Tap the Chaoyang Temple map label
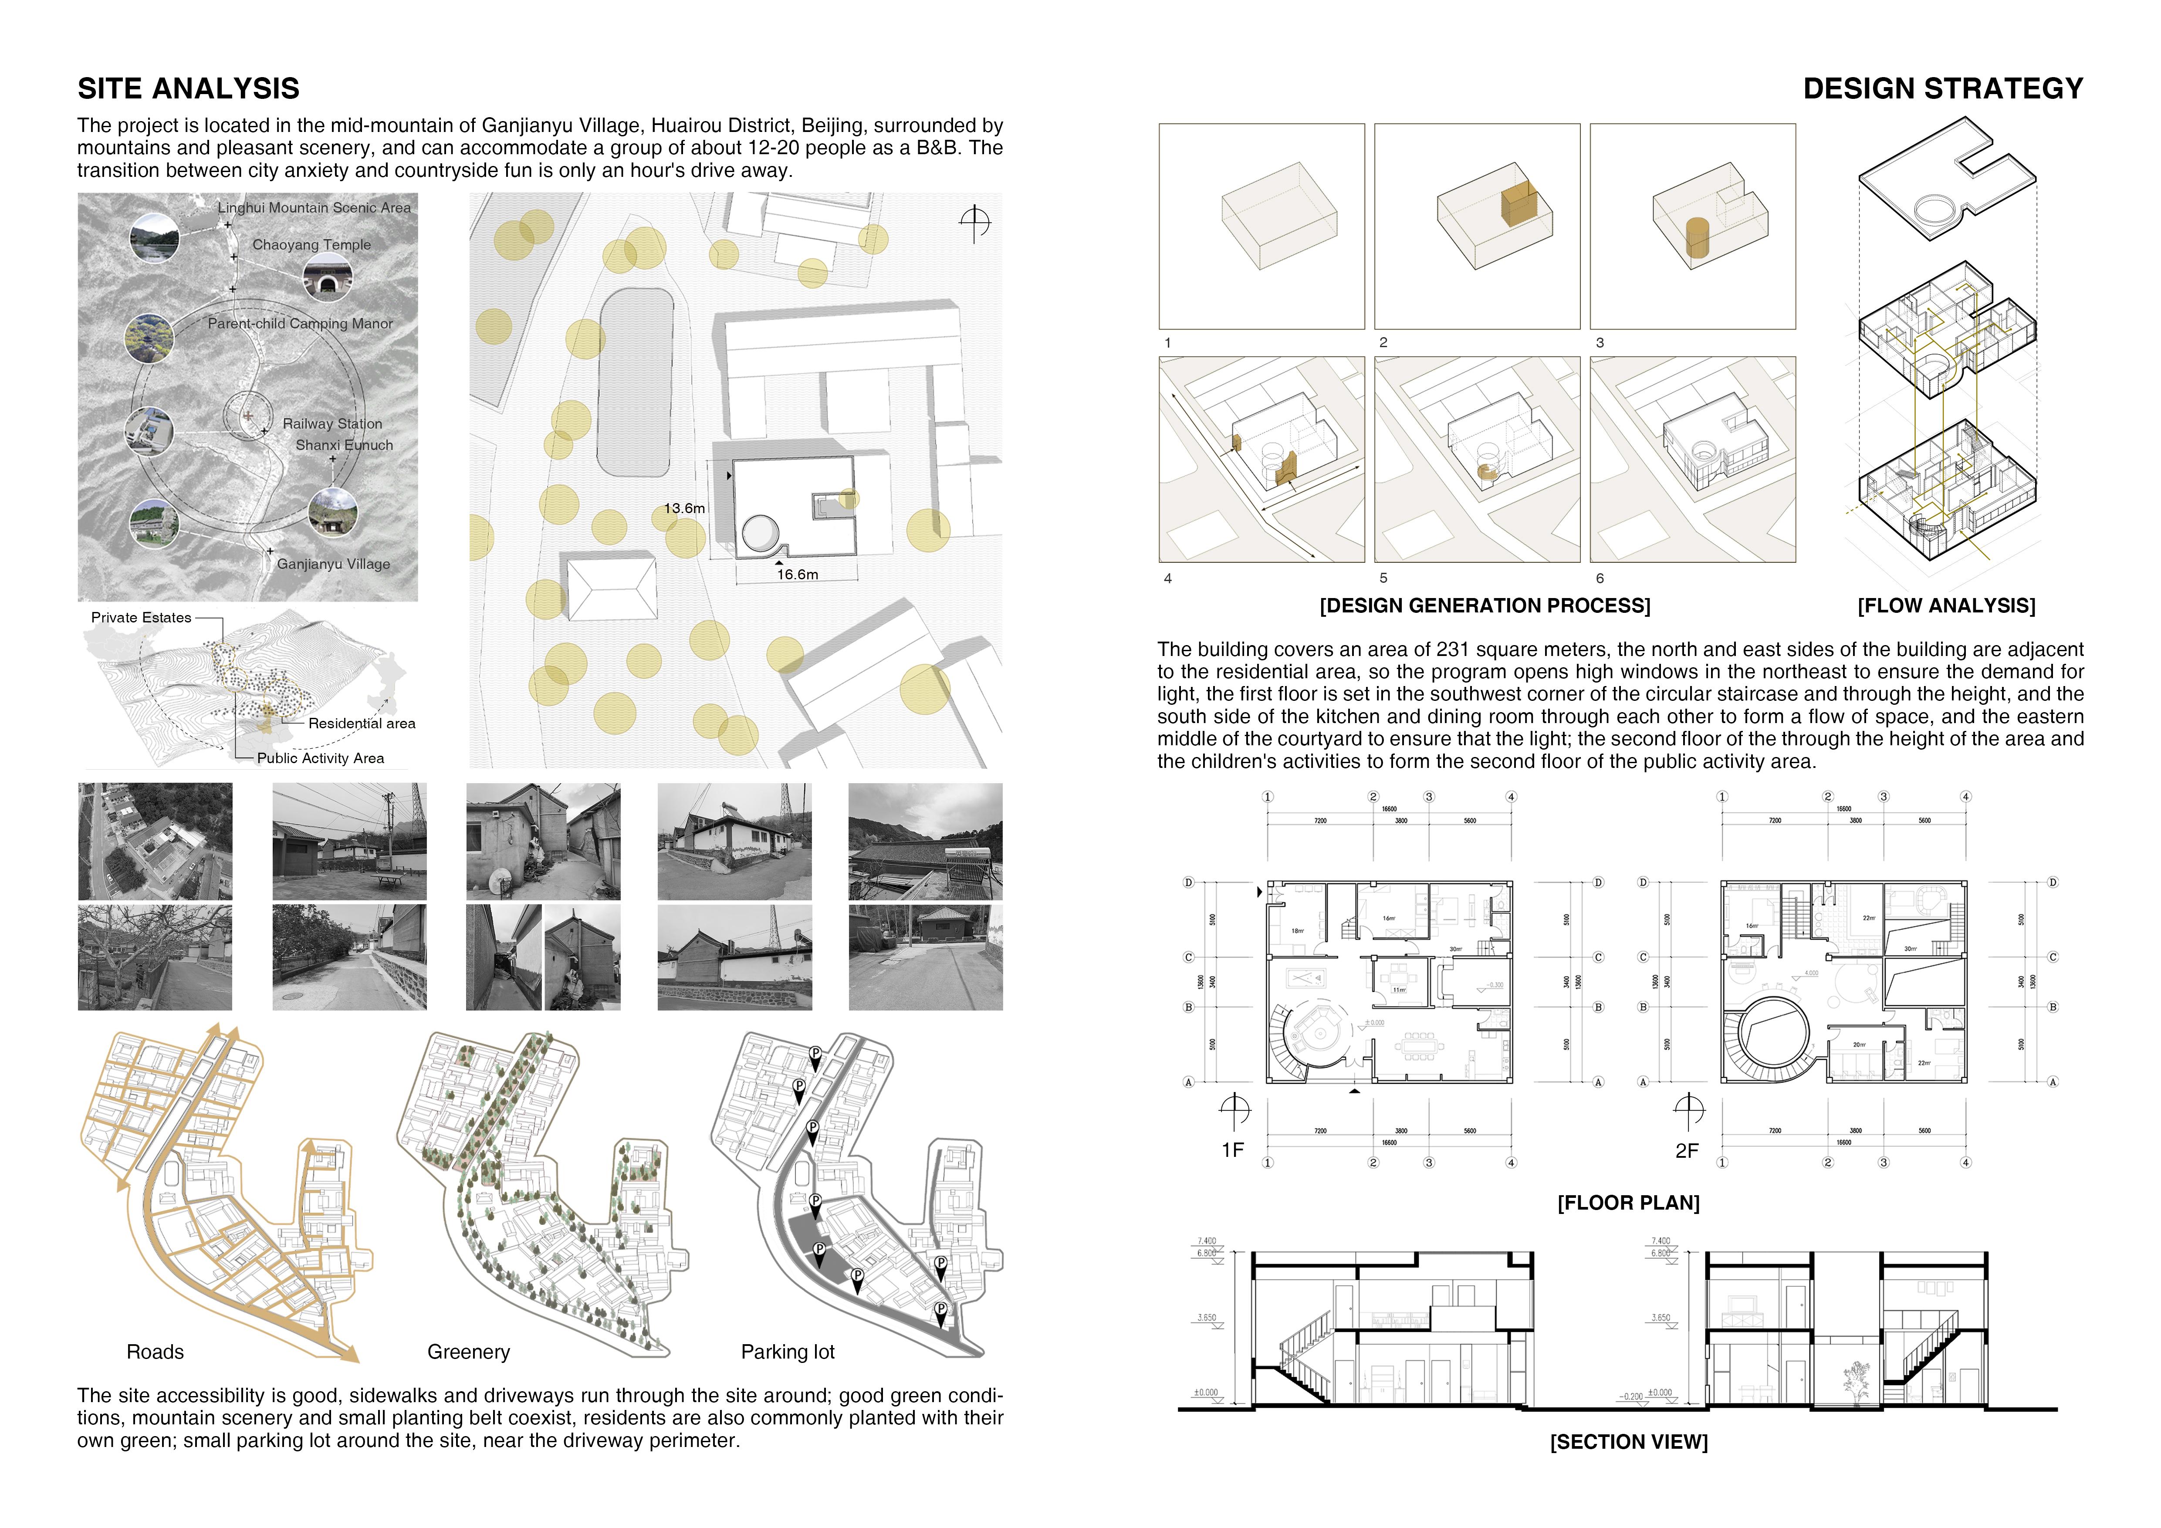click(x=311, y=245)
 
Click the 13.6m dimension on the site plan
click(x=684, y=508)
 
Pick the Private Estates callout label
click(x=141, y=617)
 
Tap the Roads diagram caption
click(x=156, y=1352)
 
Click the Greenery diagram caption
click(x=469, y=1352)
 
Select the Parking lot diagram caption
click(x=788, y=1352)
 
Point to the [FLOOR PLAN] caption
click(x=1628, y=1203)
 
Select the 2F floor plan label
click(x=1687, y=1150)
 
